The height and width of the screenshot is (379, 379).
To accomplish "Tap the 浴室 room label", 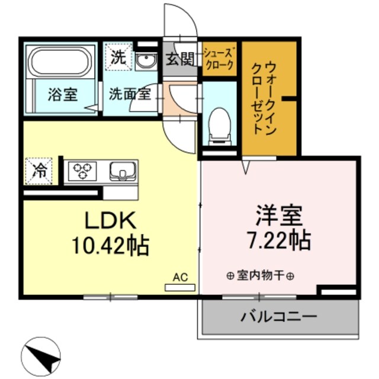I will click(63, 95).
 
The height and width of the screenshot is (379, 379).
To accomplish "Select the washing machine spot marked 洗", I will click(117, 58).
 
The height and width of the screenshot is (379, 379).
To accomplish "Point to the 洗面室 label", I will click(128, 94).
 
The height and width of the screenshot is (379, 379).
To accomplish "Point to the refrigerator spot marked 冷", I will click(39, 171).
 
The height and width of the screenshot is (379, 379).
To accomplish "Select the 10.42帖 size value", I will click(110, 244).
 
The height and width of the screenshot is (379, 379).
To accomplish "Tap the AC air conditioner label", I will click(180, 277).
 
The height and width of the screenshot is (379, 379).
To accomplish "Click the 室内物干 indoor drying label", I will click(261, 275).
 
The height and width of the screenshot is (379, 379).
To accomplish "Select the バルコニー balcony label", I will click(278, 316).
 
